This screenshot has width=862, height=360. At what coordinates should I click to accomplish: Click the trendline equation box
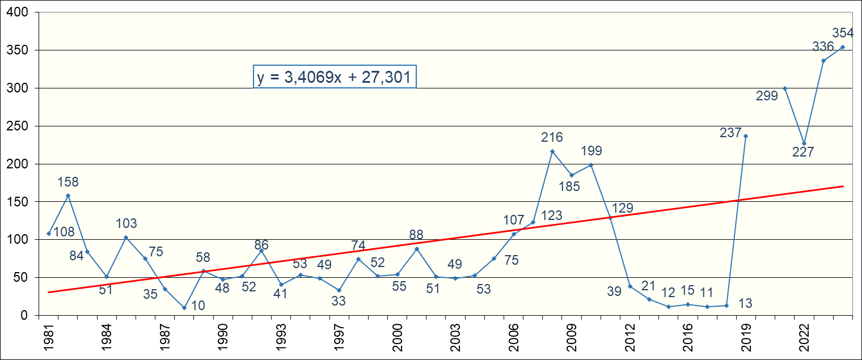(x=335, y=77)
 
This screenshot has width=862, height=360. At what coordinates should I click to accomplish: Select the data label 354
(x=843, y=33)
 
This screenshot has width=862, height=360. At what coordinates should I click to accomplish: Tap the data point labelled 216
(x=552, y=151)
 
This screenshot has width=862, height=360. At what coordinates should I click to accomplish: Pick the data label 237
(x=730, y=133)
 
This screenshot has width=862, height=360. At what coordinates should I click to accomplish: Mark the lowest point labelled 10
(x=184, y=308)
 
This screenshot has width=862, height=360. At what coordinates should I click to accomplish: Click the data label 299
(x=767, y=96)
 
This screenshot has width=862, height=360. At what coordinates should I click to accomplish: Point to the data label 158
(x=68, y=183)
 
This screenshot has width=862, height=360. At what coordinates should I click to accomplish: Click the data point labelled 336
(x=823, y=61)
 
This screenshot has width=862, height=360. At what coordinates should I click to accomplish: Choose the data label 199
(x=591, y=151)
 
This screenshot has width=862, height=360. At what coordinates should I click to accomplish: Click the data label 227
(x=804, y=152)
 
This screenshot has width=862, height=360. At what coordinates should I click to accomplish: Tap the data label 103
(x=126, y=223)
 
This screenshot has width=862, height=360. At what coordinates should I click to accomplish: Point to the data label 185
(x=569, y=186)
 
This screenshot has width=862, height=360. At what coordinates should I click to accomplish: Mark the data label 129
(x=622, y=208)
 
